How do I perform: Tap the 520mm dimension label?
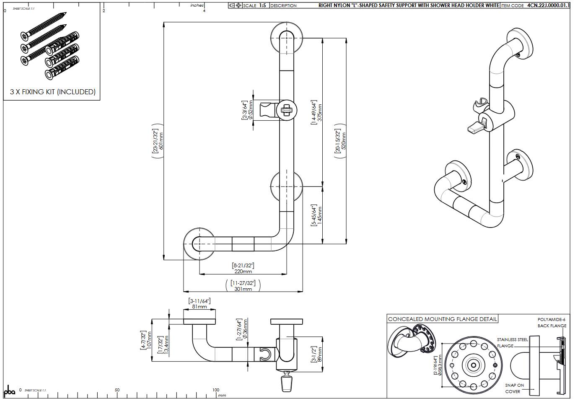click(x=344, y=141)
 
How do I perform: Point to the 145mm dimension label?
click(x=320, y=215)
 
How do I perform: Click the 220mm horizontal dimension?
click(x=243, y=271)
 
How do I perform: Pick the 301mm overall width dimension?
click(x=243, y=289)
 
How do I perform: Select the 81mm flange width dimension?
click(x=199, y=306)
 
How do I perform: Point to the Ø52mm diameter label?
click(x=251, y=110)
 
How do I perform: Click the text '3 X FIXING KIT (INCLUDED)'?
click(x=53, y=92)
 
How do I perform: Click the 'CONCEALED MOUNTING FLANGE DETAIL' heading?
click(x=442, y=319)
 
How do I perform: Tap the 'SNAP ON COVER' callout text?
click(x=514, y=388)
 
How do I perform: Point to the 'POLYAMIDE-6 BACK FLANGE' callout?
click(x=552, y=322)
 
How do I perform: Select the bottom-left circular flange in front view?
click(x=199, y=243)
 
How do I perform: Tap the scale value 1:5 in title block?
click(x=262, y=5)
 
